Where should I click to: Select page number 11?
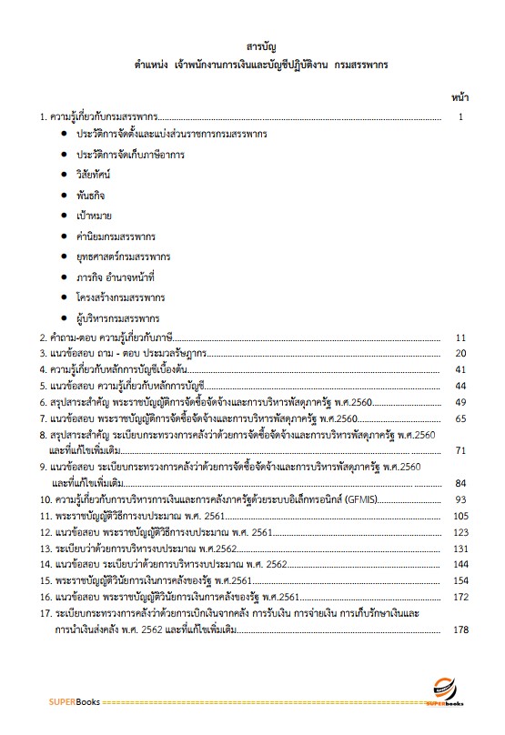point(460,338)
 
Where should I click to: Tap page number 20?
point(460,354)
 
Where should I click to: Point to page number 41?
point(460,370)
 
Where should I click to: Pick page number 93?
point(460,500)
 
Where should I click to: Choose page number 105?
point(460,517)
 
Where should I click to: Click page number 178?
point(460,630)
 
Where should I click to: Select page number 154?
point(460,581)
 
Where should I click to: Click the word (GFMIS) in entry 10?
point(363,500)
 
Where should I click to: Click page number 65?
point(460,419)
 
